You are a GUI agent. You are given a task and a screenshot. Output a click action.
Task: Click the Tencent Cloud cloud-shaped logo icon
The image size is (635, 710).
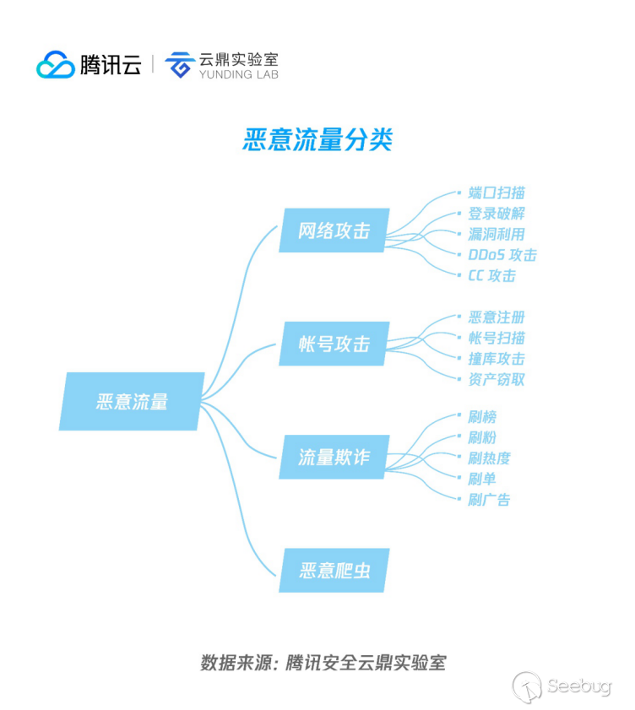(55, 64)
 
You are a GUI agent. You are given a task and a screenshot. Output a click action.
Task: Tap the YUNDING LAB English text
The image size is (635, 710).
(239, 74)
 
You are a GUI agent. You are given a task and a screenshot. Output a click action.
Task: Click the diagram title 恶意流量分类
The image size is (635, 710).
(317, 139)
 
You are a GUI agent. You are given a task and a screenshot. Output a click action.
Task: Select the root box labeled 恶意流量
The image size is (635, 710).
(132, 401)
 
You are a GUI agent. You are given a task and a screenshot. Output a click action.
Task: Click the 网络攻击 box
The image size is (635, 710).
(334, 230)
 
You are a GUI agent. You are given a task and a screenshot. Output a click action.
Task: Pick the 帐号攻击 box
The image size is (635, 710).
(334, 344)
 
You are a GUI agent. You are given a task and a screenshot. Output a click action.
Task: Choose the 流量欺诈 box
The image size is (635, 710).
(334, 457)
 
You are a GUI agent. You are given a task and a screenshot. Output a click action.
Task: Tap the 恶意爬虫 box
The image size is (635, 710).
(334, 570)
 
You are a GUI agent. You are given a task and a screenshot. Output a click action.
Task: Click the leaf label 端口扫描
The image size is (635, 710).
(497, 192)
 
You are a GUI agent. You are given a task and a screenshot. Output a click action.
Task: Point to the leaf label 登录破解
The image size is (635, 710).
(497, 214)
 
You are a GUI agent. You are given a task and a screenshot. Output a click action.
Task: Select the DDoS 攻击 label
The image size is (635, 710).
(502, 255)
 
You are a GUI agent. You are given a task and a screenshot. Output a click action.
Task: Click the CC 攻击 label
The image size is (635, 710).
(492, 276)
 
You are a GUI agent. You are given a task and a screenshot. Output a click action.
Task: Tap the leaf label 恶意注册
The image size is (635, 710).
(497, 317)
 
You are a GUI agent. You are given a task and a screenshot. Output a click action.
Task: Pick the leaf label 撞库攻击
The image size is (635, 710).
(497, 359)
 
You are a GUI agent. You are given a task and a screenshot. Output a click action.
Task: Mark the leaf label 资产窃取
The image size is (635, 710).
(497, 379)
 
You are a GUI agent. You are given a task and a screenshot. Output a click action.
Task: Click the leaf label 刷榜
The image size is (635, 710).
(482, 416)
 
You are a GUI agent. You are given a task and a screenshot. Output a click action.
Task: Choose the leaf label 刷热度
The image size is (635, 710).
(489, 458)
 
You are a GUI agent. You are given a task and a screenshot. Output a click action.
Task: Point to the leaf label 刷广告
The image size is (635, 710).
(489, 500)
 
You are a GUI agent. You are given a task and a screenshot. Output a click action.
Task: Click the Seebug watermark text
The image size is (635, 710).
(578, 686)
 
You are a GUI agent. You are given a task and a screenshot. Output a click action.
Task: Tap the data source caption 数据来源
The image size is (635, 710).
(236, 663)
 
